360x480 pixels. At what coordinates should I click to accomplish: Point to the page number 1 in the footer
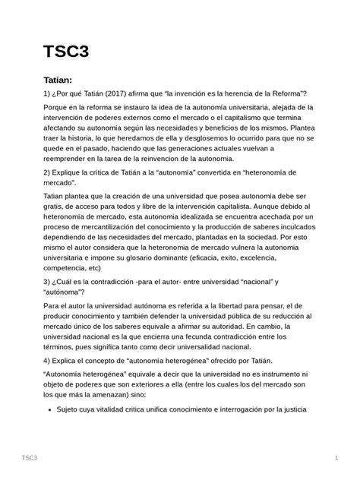pos(335,457)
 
